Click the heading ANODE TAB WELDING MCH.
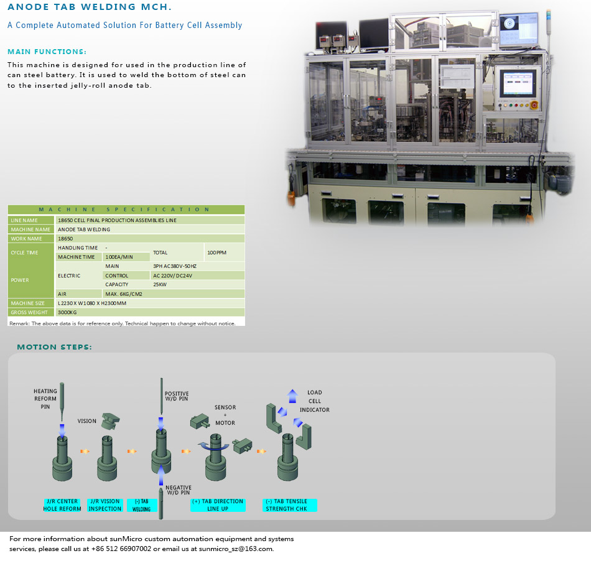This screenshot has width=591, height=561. (x=90, y=7)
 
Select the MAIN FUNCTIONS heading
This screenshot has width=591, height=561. (x=47, y=52)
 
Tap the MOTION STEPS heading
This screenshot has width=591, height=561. (x=54, y=347)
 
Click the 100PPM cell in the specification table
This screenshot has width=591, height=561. (x=216, y=253)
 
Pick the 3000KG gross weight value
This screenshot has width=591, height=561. (x=67, y=312)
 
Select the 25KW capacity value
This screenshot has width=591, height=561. (x=160, y=284)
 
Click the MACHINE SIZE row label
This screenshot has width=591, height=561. (x=28, y=303)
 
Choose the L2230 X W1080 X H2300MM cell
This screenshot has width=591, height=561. (x=91, y=303)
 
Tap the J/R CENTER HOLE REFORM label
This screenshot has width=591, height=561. (x=62, y=505)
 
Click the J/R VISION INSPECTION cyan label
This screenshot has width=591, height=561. (x=105, y=505)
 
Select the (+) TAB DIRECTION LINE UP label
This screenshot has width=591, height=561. (x=218, y=505)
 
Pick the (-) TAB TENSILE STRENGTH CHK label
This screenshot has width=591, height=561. (x=288, y=505)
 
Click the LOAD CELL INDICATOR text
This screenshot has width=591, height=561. (x=315, y=401)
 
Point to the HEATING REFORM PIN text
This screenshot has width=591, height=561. (x=45, y=399)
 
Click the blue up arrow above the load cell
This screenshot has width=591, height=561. (x=292, y=396)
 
